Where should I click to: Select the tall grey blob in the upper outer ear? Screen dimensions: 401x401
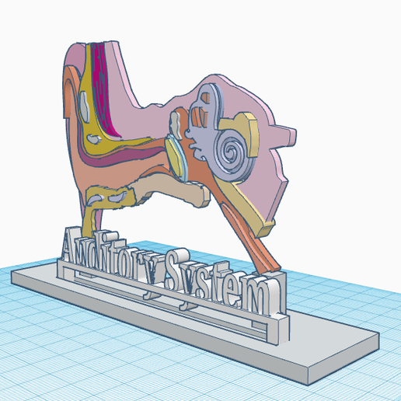click(x=85, y=106)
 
